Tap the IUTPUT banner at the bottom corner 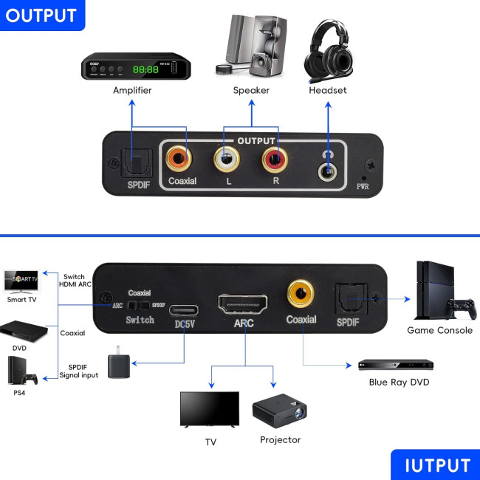click(x=436, y=464)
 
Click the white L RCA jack click(x=226, y=157)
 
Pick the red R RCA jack click(x=274, y=157)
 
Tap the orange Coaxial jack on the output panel click(x=180, y=157)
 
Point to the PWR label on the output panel click(x=363, y=186)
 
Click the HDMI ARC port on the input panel click(x=244, y=304)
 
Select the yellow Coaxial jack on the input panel click(x=301, y=293)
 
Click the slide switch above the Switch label click(x=140, y=305)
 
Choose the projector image click(x=279, y=411)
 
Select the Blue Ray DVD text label click(x=399, y=382)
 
